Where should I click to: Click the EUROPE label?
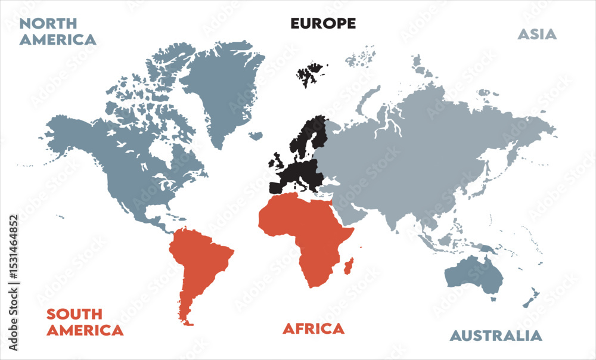tap(323, 24)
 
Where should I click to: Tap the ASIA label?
tap(536, 35)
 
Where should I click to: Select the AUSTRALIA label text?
tap(496, 336)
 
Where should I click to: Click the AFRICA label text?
tap(313, 328)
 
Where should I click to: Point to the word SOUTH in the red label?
tap(74, 314)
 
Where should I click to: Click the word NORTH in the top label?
tap(48, 24)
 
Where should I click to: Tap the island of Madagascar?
tap(349, 266)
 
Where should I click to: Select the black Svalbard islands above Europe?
tap(308, 75)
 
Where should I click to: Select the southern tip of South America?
tap(187, 322)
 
